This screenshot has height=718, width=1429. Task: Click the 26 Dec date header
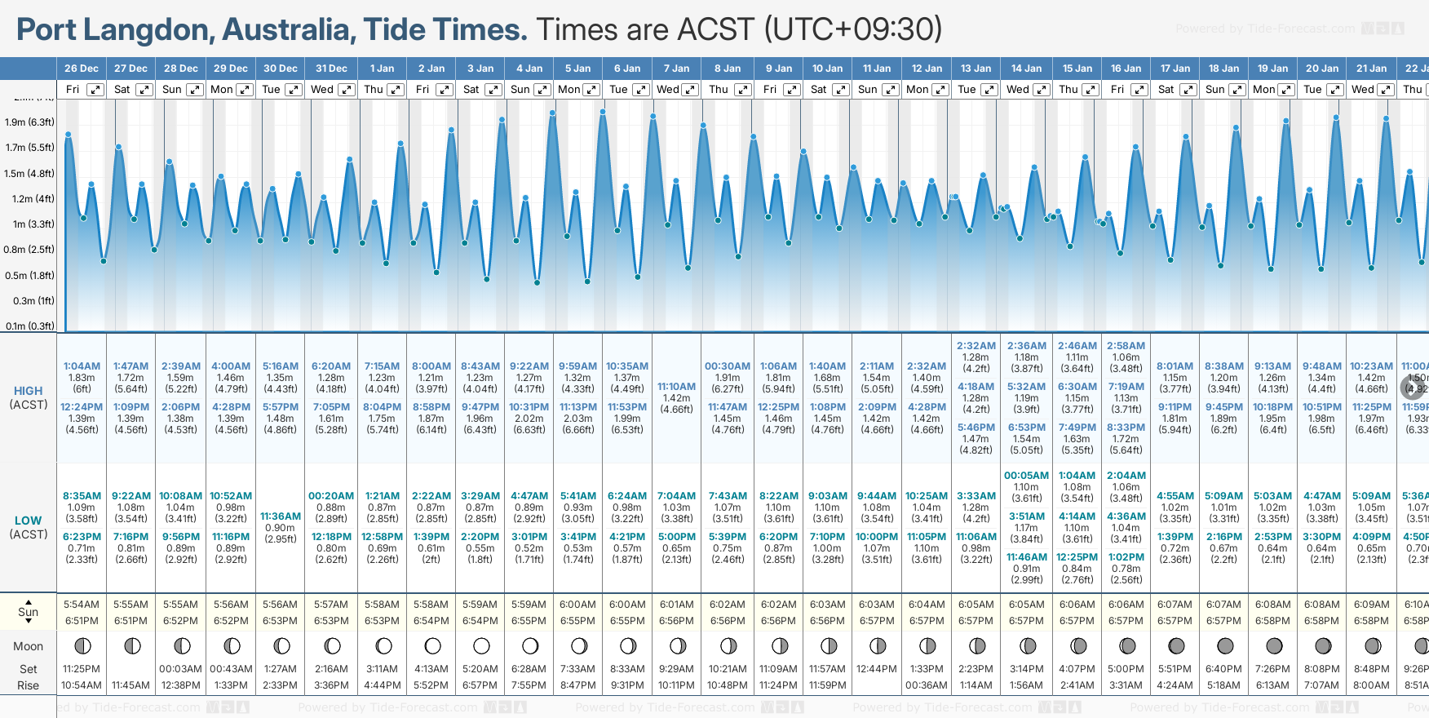[x=82, y=69]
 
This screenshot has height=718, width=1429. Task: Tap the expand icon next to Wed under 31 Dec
[x=346, y=90]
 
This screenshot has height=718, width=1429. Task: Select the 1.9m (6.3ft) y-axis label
[x=29, y=122]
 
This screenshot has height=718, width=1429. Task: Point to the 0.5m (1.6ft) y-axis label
[x=29, y=276]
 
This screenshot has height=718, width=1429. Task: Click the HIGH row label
[x=28, y=391]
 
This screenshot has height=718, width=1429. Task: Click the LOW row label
[x=28, y=521]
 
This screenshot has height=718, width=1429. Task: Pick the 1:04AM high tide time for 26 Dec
[x=82, y=366]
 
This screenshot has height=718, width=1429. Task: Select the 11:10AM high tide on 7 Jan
[x=676, y=387]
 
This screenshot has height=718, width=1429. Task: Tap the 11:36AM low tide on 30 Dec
[x=280, y=516]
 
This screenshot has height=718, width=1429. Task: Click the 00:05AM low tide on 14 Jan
[x=1026, y=476]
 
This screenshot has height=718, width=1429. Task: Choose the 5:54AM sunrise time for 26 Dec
[x=82, y=605]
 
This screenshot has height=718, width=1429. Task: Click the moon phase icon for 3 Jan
[x=481, y=646]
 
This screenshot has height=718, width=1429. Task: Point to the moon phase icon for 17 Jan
[x=1176, y=646]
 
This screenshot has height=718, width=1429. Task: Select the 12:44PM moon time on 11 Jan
[x=877, y=669]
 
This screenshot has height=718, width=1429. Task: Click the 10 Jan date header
[x=827, y=69]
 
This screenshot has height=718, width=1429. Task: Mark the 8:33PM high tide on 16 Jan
[x=1126, y=428]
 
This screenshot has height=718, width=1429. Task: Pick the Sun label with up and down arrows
[x=28, y=612]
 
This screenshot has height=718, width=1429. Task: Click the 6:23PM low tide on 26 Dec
[x=82, y=537]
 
